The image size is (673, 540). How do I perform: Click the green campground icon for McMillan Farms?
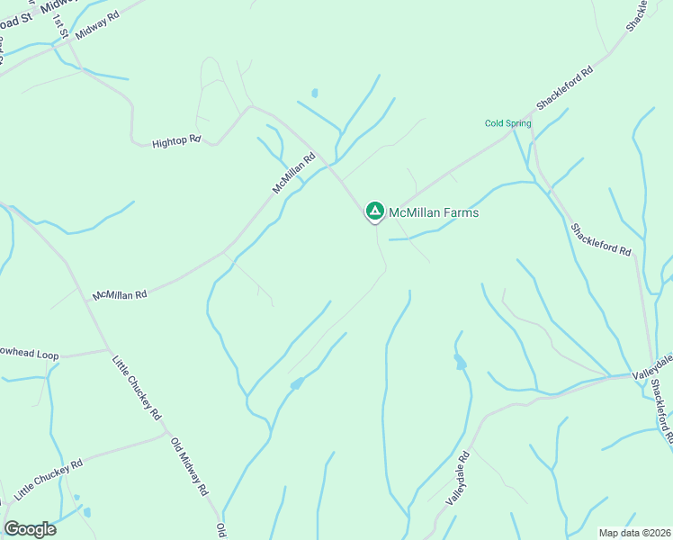[x=374, y=211]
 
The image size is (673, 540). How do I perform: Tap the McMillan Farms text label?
[x=434, y=213]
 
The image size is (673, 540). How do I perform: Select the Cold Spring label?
[x=507, y=123]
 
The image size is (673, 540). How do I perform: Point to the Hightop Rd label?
[x=175, y=142]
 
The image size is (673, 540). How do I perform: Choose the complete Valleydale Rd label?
[x=458, y=477]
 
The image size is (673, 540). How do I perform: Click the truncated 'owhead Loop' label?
[x=30, y=355]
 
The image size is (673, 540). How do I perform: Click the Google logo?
[x=30, y=528]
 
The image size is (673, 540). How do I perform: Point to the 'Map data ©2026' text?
[x=633, y=533]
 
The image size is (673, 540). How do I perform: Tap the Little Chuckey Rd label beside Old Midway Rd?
[x=136, y=388]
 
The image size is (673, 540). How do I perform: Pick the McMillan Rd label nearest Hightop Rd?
[x=295, y=172]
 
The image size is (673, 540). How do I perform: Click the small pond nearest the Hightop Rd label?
[x=314, y=93]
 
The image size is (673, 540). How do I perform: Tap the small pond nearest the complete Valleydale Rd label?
[x=461, y=363]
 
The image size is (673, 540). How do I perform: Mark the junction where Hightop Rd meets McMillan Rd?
[x=249, y=106]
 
